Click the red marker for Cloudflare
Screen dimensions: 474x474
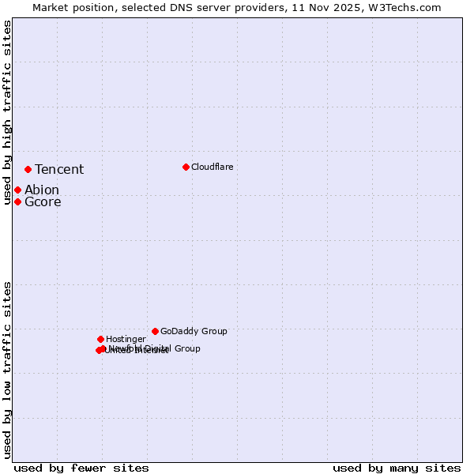(186, 167)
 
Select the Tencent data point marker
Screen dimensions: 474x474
(28, 169)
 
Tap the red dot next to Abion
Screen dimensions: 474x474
(17, 190)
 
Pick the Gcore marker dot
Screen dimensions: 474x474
(17, 201)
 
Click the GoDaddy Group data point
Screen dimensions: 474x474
(155, 331)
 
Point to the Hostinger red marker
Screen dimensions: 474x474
(100, 339)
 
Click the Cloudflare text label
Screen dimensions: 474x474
(212, 167)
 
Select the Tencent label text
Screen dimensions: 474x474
(59, 169)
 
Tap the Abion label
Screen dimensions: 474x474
(42, 190)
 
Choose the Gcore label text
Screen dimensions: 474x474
(43, 201)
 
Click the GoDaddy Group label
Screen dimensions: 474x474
(194, 331)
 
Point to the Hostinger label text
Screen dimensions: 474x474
(126, 339)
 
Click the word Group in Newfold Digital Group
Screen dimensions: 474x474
(187, 348)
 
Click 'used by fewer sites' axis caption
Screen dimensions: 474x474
(81, 468)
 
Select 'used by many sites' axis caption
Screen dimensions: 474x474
(397, 468)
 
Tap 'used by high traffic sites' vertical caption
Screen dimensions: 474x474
(7, 113)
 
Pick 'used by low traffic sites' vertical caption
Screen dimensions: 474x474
(7, 370)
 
